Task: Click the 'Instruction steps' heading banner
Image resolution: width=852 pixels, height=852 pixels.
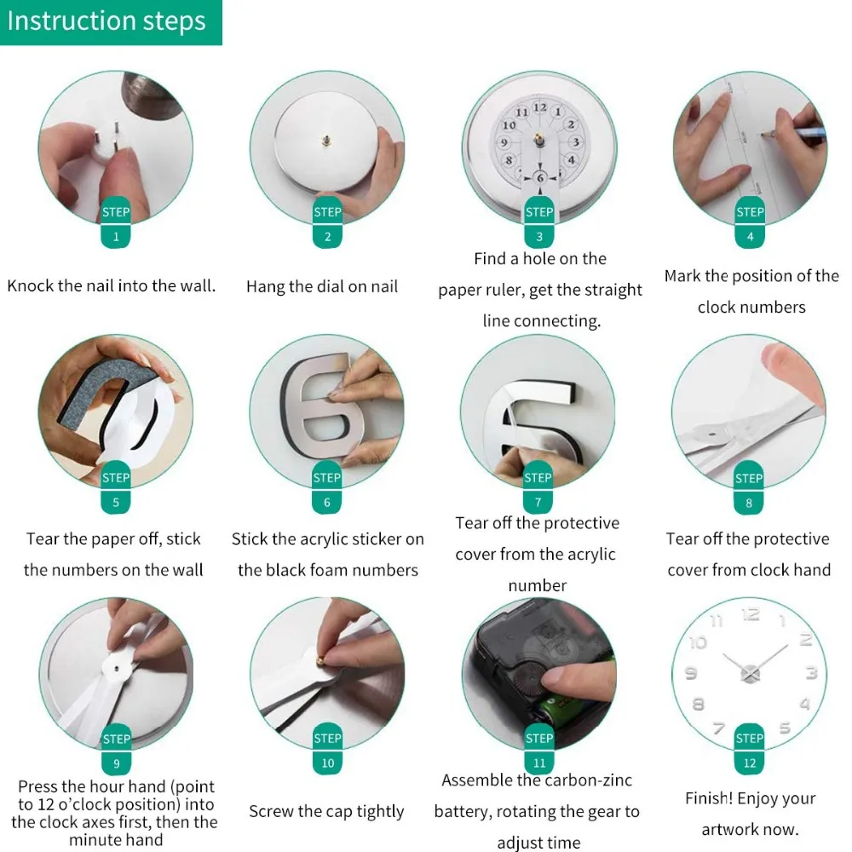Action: point(111,22)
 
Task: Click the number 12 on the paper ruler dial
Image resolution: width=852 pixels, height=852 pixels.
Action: point(539,107)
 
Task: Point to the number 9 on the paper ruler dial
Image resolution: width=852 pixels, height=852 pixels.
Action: point(504,143)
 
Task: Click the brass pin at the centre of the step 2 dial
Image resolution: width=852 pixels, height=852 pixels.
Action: point(326,141)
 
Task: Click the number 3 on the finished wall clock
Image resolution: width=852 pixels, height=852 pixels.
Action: point(811,673)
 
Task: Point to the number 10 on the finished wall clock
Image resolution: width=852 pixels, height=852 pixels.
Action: point(699,642)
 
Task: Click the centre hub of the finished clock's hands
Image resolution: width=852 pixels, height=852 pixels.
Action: point(749,674)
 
